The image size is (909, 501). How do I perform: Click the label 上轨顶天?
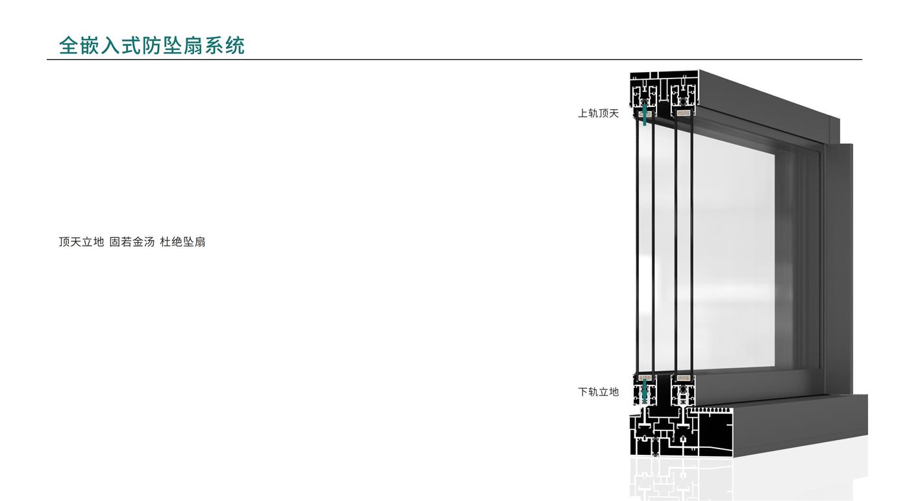598,114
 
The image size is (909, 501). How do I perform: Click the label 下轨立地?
598,392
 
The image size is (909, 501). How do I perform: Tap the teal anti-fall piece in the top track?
644,117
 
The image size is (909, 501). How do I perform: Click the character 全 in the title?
68,45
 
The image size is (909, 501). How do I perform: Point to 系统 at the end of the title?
225,45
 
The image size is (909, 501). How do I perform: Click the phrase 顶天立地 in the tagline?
81,242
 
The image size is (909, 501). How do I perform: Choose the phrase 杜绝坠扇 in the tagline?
182,242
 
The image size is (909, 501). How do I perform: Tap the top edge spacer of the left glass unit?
644,113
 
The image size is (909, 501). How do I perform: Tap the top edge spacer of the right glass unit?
683,113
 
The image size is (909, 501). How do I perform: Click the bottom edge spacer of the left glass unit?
644,378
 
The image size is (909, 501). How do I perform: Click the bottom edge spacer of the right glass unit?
683,378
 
